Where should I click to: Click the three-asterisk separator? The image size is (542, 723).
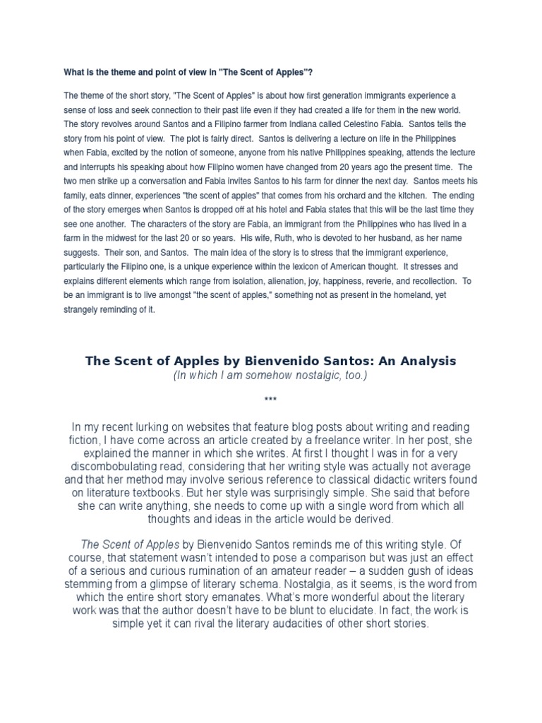point(270,400)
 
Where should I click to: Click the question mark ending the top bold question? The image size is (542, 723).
point(311,71)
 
